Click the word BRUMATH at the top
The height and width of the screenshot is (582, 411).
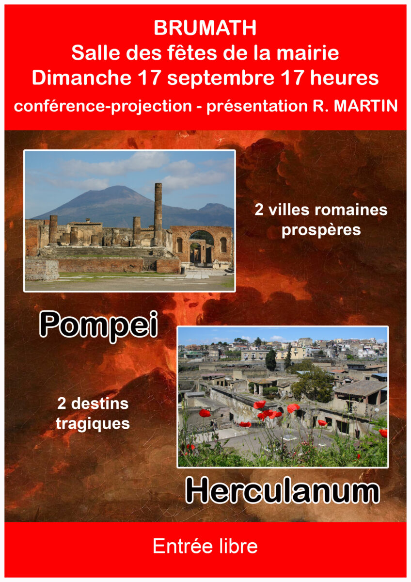click(205, 28)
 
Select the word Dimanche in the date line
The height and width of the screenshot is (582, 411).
click(81, 78)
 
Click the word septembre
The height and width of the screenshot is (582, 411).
click(221, 79)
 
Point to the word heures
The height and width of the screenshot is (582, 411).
click(345, 78)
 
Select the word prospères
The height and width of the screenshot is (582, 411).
click(321, 231)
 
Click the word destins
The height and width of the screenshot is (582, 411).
click(100, 404)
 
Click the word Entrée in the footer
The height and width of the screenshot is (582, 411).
click(183, 546)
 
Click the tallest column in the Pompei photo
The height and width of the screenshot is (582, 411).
click(158, 214)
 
